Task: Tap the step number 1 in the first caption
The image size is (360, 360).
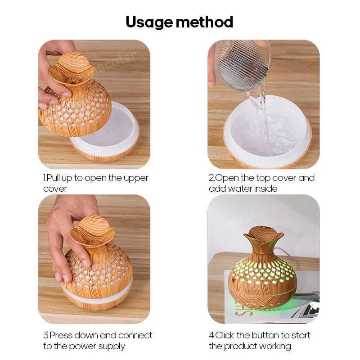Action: tap(45, 178)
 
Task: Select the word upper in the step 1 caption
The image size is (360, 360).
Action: tap(135, 178)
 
